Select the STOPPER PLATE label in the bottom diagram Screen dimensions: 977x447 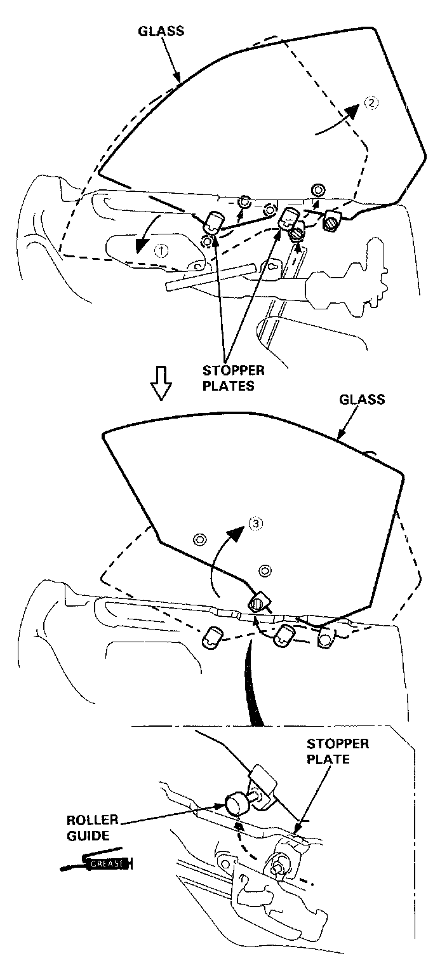tap(337, 751)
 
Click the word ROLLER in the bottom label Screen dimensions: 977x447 tap(91, 819)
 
